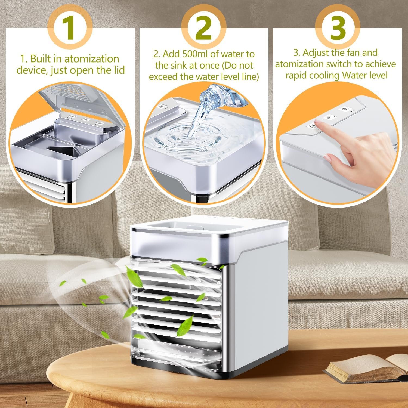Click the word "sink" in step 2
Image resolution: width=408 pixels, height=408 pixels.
pos(181,65)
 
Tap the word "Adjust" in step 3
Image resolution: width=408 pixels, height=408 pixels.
pos(316,52)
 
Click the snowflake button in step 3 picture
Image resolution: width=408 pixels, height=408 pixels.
pos(345,109)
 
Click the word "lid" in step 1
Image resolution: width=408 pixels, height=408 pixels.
pos(119,70)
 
